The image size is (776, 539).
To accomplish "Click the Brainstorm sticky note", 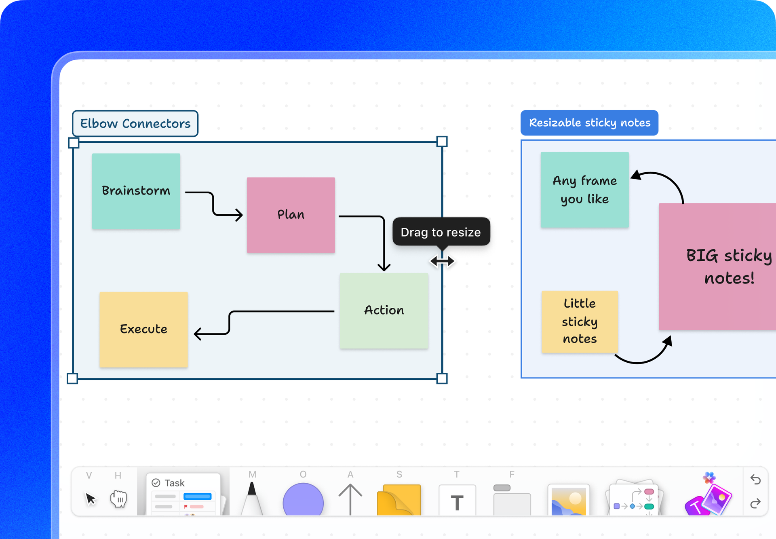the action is click(136, 191).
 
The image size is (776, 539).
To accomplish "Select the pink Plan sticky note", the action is click(291, 215).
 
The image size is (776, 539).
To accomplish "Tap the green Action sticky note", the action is click(384, 311).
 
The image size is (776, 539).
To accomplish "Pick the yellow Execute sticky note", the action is click(143, 329).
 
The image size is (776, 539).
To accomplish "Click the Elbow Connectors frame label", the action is click(135, 123).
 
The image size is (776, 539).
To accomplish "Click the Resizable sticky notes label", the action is click(589, 123).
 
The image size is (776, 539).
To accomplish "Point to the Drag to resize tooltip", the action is click(441, 232).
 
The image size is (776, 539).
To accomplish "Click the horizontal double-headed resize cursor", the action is click(442, 261).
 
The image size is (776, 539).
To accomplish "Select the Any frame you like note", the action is click(584, 190).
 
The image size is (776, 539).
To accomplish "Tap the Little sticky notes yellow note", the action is click(580, 321).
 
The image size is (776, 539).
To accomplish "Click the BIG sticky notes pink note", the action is click(717, 266).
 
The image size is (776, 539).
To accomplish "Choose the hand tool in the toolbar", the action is click(118, 499).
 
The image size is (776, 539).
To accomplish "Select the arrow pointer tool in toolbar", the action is click(91, 499).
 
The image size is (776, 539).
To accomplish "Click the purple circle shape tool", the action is click(303, 500).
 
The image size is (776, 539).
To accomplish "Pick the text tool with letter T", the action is click(457, 501).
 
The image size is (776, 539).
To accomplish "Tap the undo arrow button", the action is click(755, 480).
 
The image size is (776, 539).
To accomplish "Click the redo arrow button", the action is click(755, 503).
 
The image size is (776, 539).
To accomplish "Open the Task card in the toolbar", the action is click(183, 495).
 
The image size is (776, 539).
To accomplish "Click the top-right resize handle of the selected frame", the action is click(442, 142).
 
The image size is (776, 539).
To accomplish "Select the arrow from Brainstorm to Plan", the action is click(213, 203).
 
